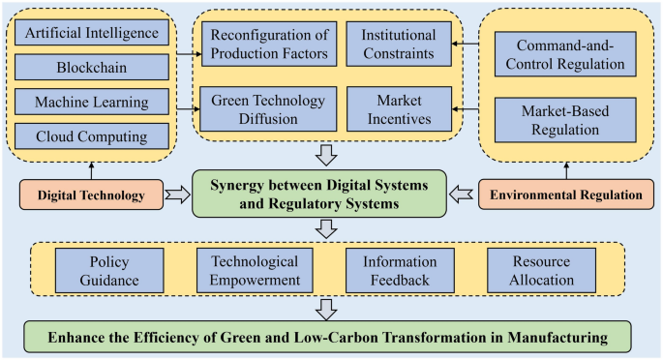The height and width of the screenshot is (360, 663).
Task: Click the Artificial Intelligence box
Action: [x=93, y=34]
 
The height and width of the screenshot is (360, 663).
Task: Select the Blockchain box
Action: [x=93, y=68]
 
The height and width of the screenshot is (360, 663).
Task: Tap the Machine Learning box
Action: [x=93, y=102]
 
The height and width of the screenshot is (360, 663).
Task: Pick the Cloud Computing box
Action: [x=93, y=135]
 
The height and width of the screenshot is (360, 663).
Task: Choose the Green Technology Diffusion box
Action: [x=269, y=108]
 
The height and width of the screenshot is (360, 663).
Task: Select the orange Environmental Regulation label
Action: [x=565, y=195]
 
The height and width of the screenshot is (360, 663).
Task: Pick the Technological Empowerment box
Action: [x=255, y=271]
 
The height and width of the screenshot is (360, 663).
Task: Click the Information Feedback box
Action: [x=400, y=271]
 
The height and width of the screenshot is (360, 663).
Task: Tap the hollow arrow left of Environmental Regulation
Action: [x=461, y=195]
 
